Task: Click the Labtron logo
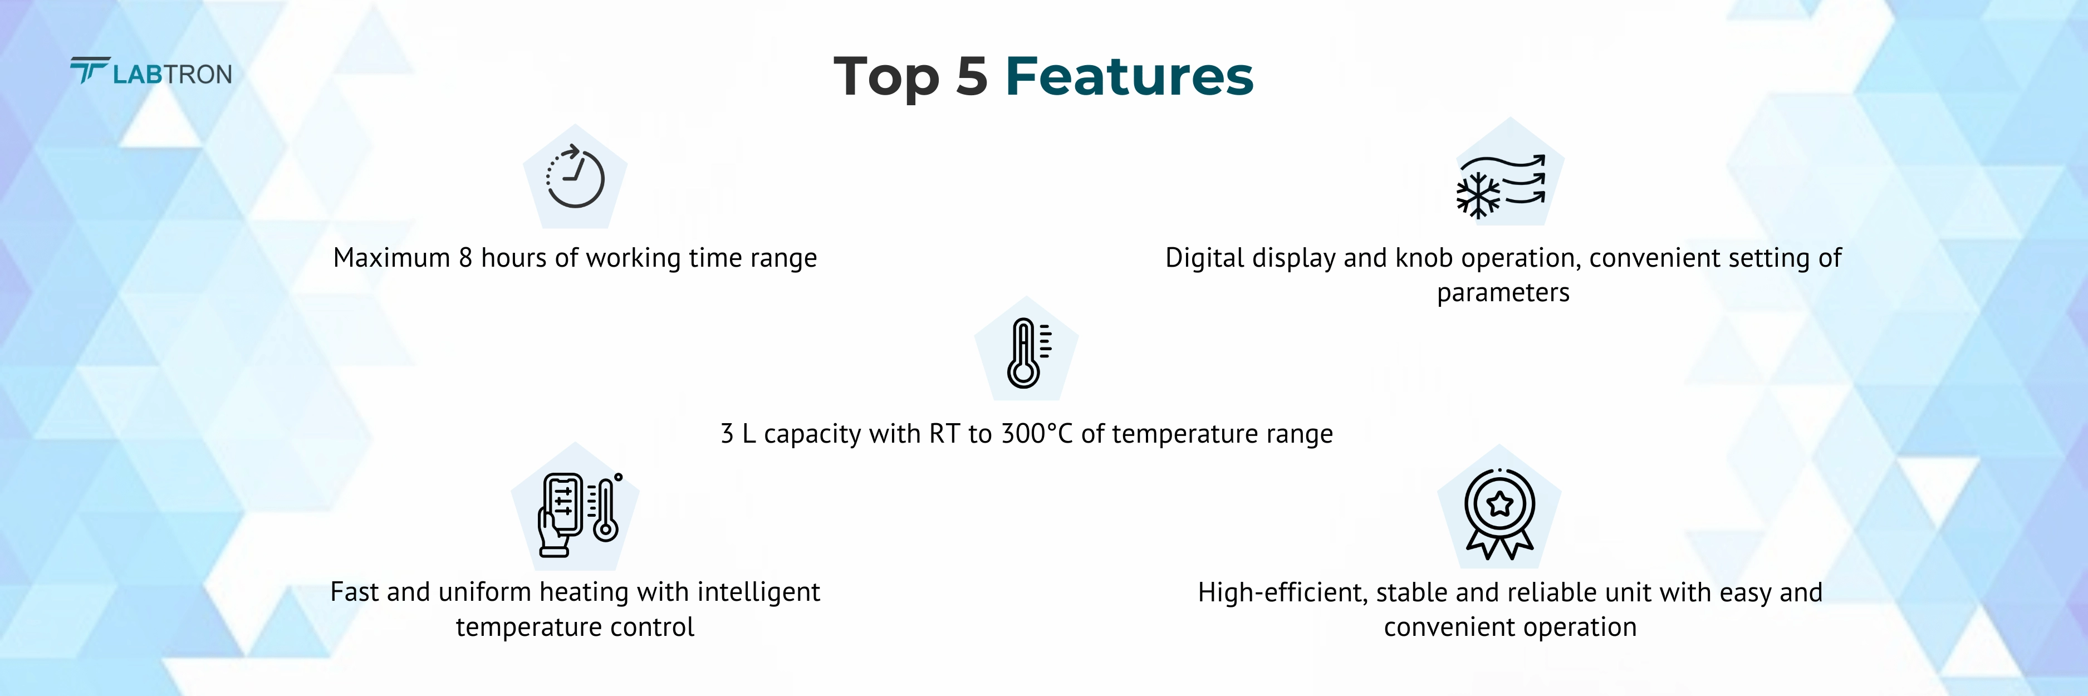(151, 72)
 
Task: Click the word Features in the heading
(1129, 77)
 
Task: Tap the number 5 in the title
(971, 77)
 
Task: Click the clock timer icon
(575, 178)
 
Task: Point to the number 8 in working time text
(465, 258)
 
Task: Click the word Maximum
(391, 258)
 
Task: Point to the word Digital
(1204, 258)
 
